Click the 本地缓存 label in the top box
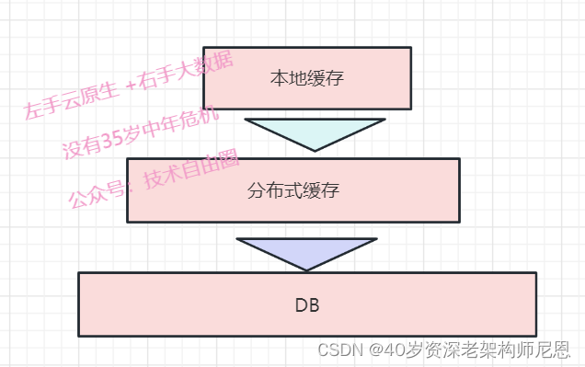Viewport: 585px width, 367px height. point(306,78)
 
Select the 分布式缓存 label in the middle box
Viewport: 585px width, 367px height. point(293,191)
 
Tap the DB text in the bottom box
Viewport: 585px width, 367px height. point(306,304)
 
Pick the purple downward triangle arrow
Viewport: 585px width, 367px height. point(306,251)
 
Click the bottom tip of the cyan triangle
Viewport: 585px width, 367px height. point(315,150)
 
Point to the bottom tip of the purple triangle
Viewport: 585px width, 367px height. point(306,270)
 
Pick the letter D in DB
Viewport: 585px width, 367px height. point(300,304)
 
